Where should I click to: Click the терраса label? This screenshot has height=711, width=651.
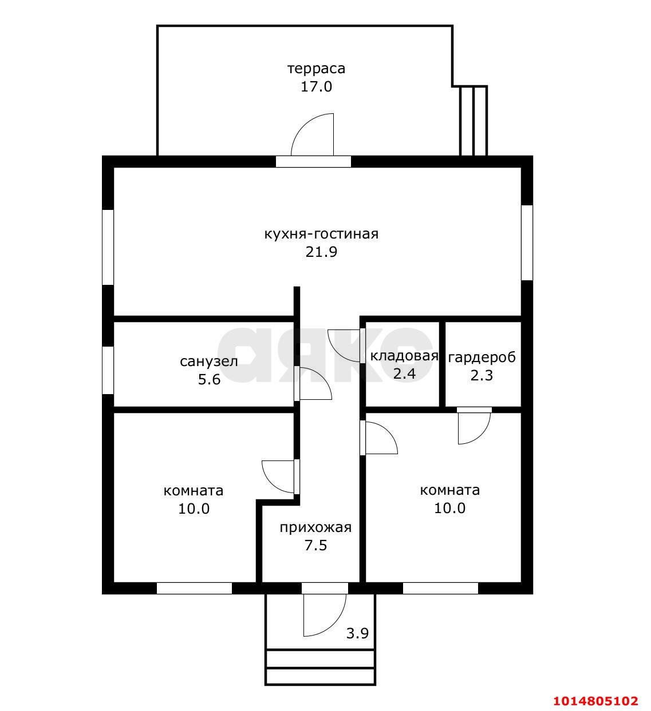(x=316, y=69)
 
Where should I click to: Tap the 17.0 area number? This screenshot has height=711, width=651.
(x=316, y=87)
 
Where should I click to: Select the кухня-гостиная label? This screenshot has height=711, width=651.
(x=321, y=234)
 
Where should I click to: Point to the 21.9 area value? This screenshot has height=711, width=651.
(x=321, y=252)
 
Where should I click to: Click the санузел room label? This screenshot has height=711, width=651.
(x=209, y=362)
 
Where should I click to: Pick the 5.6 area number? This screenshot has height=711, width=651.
(x=209, y=380)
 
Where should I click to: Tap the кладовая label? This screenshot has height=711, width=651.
(x=404, y=356)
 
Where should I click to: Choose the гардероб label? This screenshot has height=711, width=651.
(x=482, y=358)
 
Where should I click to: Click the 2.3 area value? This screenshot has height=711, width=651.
(x=482, y=376)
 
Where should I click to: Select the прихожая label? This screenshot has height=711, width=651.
(x=315, y=527)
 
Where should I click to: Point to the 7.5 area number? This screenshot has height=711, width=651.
(x=315, y=546)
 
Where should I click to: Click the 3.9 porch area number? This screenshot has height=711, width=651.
(x=357, y=633)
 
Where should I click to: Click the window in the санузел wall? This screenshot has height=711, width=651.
(x=108, y=371)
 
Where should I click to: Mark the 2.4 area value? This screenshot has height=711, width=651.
(x=404, y=374)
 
